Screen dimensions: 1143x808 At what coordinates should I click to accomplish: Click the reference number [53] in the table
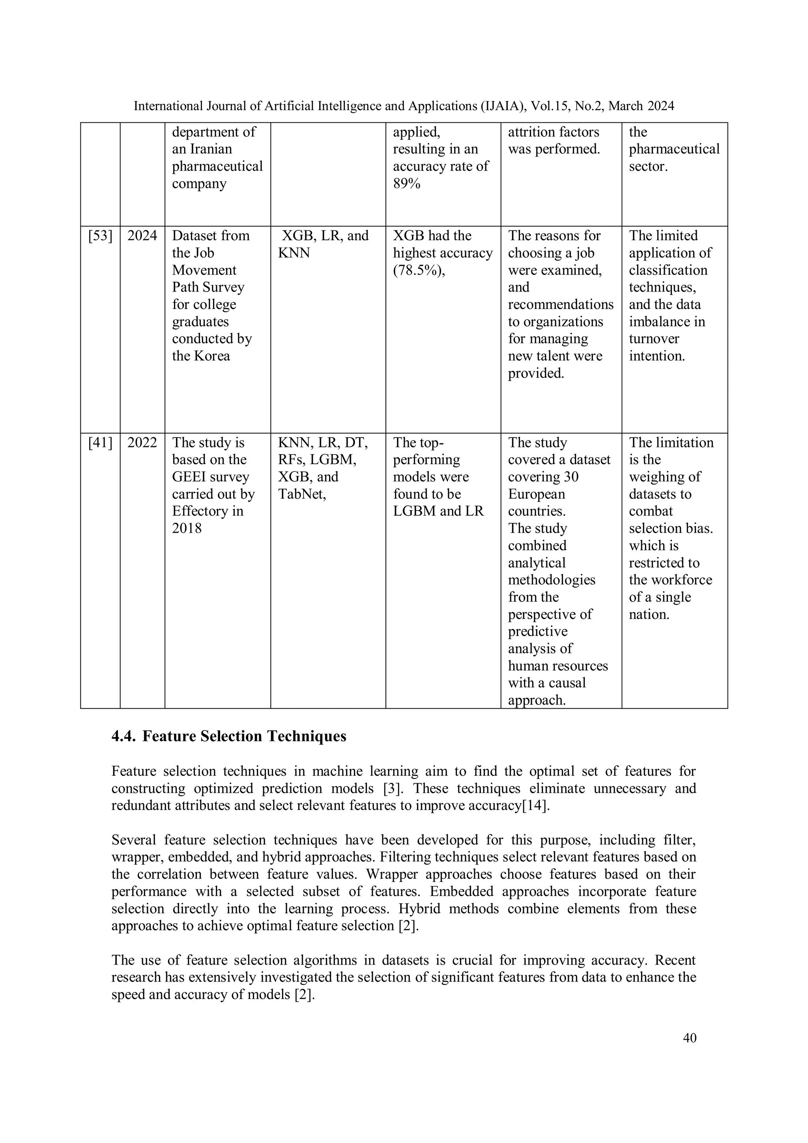[x=100, y=236]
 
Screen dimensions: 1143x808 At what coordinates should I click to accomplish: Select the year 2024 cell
[x=142, y=236]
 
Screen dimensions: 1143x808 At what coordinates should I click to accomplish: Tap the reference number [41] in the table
[x=100, y=443]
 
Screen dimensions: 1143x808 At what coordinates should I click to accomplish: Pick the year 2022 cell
[x=142, y=443]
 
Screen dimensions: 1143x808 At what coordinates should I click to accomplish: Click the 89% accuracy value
[x=406, y=184]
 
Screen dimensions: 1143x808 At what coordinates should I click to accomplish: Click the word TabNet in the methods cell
[x=301, y=494]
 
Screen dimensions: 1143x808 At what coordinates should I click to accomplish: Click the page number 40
[x=690, y=1038]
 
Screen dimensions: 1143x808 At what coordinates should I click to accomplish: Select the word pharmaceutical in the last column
[x=674, y=150]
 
